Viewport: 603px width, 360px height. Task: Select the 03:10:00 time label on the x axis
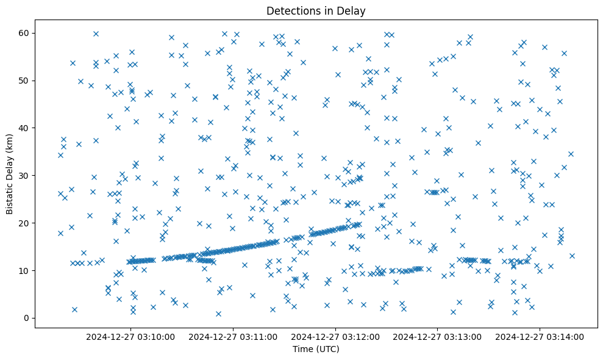[130, 336]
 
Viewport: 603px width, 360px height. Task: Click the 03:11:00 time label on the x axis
[233, 336]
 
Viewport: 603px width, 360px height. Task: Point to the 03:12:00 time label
[335, 336]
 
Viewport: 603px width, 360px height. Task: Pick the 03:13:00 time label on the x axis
[438, 336]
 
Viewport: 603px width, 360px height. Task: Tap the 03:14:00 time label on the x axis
[540, 336]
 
